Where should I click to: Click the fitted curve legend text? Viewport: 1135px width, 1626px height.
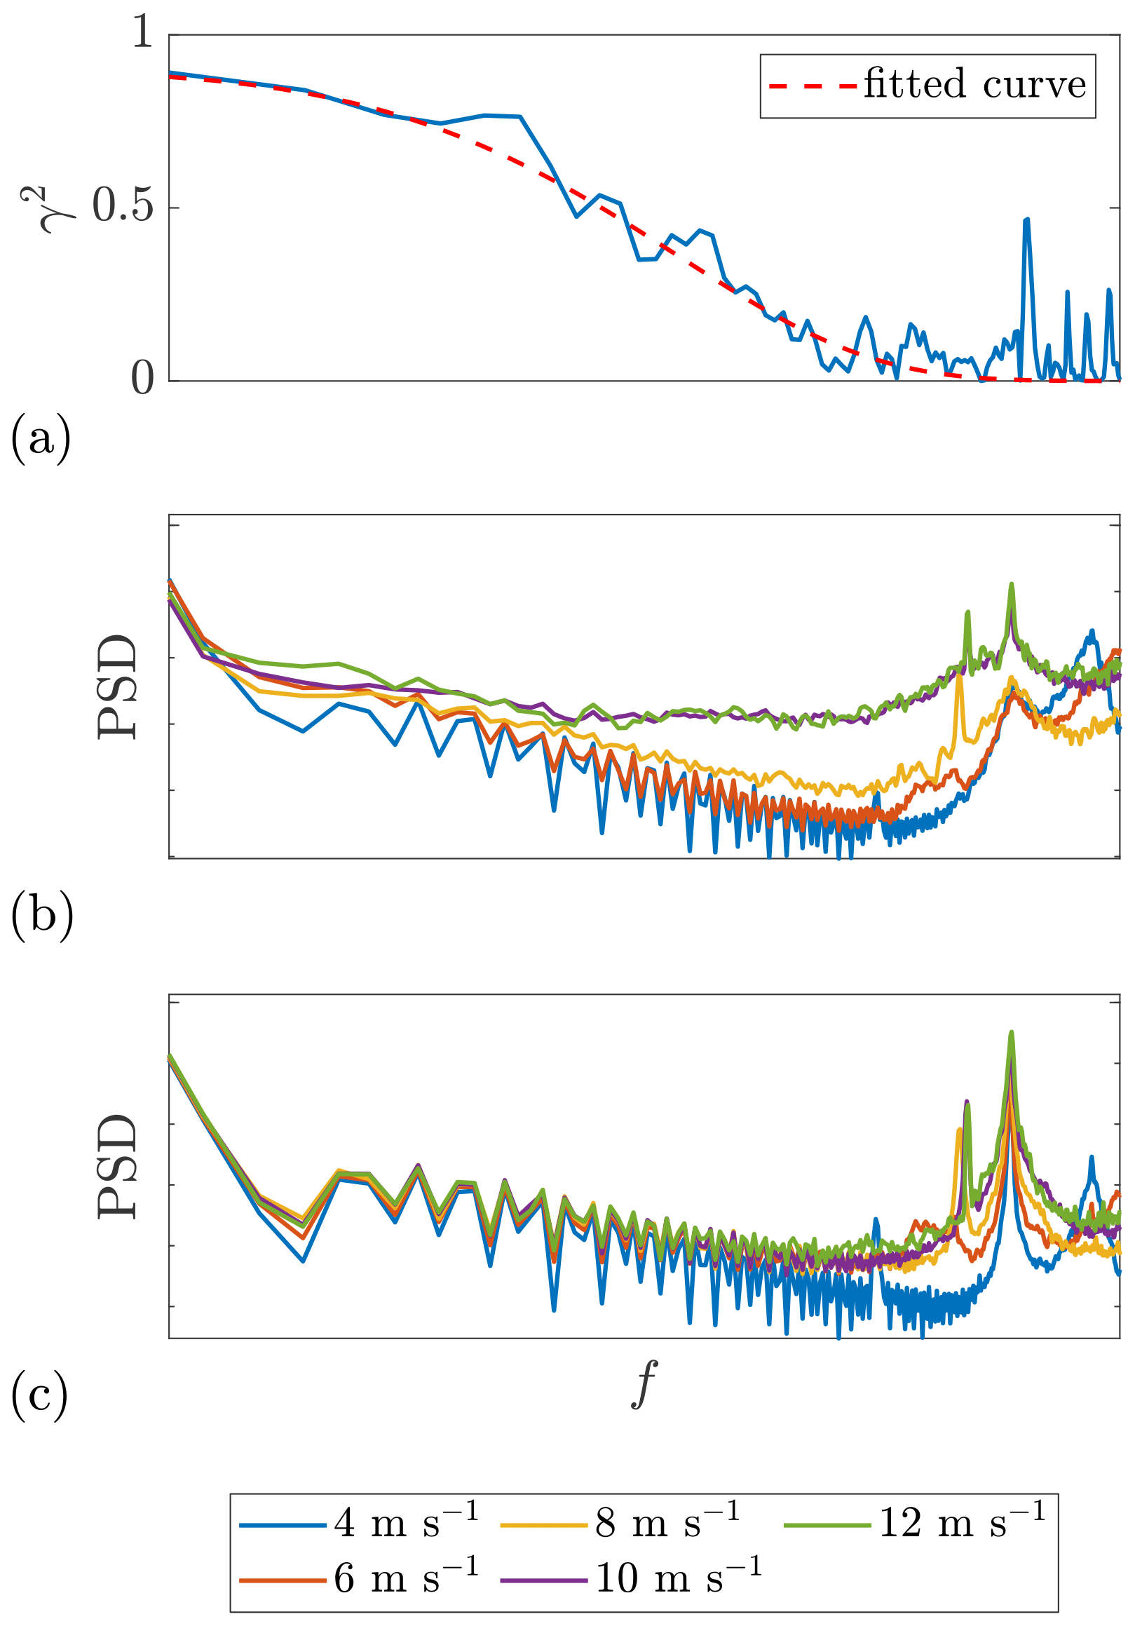974,84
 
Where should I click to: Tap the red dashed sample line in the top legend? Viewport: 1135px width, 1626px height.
813,86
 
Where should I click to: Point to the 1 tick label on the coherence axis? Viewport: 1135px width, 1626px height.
143,32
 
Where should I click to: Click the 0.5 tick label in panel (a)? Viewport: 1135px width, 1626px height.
123,206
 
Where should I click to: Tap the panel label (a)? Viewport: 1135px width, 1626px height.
41,439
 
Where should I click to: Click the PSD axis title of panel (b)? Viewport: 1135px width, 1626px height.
117,687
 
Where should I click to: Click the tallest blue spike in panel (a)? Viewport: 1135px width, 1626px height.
1026,222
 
